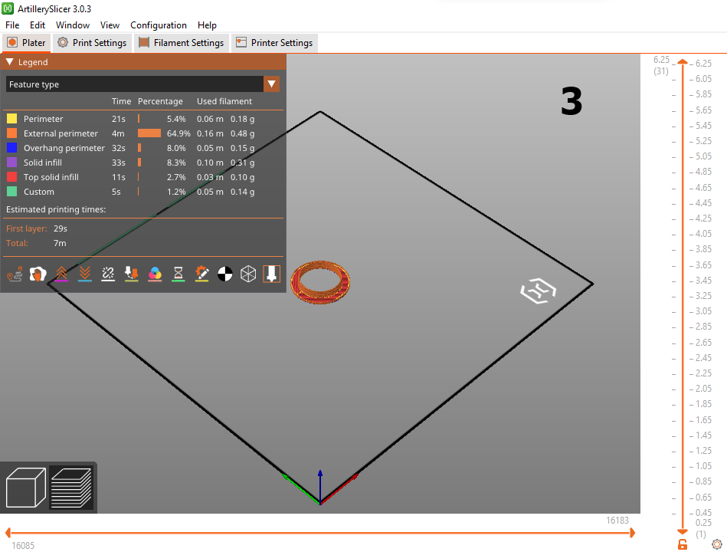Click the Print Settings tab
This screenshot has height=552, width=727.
click(92, 43)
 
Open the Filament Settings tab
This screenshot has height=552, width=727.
click(182, 43)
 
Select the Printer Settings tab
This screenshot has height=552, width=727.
click(274, 43)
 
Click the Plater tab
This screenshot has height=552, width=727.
click(26, 43)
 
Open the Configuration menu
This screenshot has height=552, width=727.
click(159, 25)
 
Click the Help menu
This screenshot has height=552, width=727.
click(207, 25)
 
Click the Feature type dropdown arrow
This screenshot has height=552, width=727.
click(272, 84)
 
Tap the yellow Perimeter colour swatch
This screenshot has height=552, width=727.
click(12, 119)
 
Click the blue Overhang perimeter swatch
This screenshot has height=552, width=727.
click(12, 148)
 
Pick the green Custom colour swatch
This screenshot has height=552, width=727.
click(12, 192)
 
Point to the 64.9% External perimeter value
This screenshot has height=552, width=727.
click(178, 133)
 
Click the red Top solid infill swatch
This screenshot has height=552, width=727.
click(12, 177)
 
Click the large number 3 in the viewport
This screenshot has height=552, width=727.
click(571, 102)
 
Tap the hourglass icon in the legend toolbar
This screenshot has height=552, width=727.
click(178, 274)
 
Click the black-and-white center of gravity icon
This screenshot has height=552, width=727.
click(225, 274)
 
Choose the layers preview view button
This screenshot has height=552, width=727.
click(71, 488)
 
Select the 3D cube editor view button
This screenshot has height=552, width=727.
click(25, 488)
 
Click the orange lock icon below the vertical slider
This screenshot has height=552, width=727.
click(682, 544)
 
